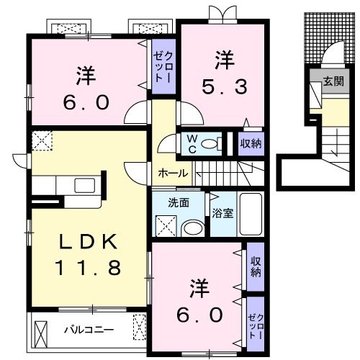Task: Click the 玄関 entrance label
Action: click(332, 81)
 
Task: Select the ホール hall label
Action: click(173, 173)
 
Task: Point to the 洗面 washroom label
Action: click(179, 202)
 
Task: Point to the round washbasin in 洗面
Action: click(192, 228)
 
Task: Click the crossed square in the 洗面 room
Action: click(165, 225)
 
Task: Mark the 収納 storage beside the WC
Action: click(251, 143)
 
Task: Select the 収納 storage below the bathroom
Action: click(255, 266)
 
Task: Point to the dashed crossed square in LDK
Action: click(42, 141)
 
